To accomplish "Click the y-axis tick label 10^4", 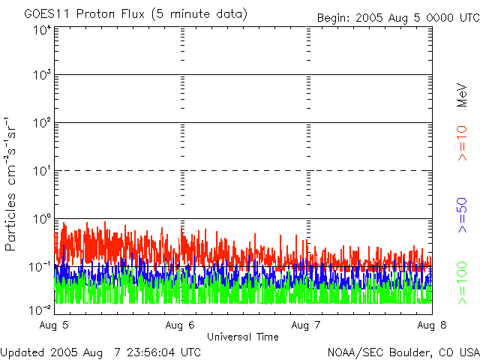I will coord(41,31).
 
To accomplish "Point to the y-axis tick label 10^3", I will coord(41,75).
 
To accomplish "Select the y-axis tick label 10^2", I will coord(41,122).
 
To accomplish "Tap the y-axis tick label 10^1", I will coord(41,170).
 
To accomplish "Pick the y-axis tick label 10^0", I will coord(41,218).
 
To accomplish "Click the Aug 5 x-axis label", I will coord(54,325).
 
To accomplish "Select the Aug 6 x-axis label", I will coord(180,325).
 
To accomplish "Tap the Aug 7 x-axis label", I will coord(306,325).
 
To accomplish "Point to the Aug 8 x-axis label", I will coord(431,325).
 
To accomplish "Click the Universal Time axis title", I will coord(243,337).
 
